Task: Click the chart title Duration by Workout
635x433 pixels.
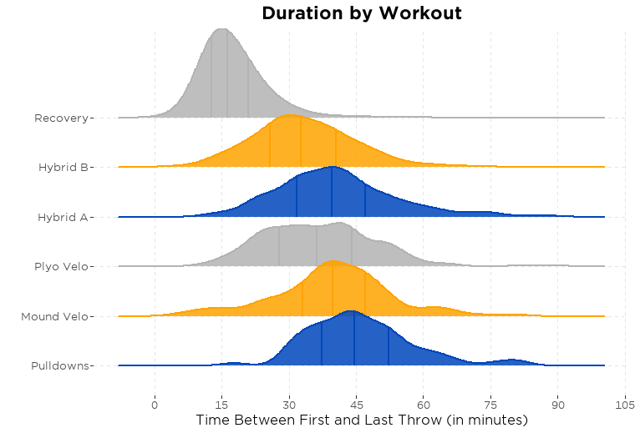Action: pos(361,13)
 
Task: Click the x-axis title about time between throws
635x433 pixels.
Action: pos(362,420)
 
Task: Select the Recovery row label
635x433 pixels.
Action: pos(61,118)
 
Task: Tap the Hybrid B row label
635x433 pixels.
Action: pos(63,168)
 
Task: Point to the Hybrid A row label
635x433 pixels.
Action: pos(63,217)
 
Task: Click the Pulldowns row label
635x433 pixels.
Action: pos(59,366)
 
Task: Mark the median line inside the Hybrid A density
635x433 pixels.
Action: pos(332,192)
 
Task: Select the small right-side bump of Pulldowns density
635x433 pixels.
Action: pos(511,361)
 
